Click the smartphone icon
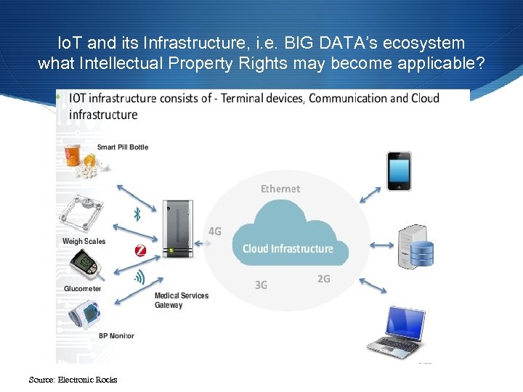[x=399, y=171]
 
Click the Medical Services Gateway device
[x=177, y=229]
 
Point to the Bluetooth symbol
[x=136, y=213]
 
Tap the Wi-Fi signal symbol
[x=139, y=277]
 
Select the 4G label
[x=215, y=232]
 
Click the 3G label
[x=261, y=285]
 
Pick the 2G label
[x=324, y=279]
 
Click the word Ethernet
[x=280, y=189]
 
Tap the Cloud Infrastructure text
[x=288, y=249]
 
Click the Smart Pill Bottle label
[x=122, y=147]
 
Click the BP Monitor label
[x=116, y=336]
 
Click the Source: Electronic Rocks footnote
[x=73, y=380]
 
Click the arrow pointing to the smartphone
[x=370, y=195]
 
